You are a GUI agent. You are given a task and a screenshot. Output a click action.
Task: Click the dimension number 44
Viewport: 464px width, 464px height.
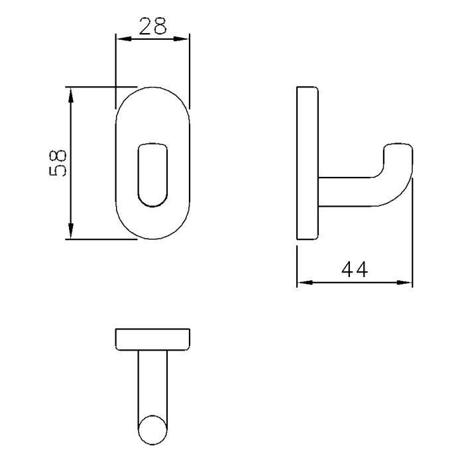[354, 270]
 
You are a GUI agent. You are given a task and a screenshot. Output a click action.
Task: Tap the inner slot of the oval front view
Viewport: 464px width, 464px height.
[152, 174]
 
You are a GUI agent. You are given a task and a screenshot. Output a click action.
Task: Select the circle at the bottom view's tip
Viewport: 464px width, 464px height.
[152, 429]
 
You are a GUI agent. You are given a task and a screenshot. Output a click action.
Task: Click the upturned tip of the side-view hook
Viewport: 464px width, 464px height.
[399, 152]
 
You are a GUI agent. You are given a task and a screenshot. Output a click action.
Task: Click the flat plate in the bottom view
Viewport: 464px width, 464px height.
[152, 339]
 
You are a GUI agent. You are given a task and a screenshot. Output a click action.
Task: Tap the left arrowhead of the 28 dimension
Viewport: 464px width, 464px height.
[121, 38]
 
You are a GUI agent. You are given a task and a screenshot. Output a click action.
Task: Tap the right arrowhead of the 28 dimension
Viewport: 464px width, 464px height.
[185, 38]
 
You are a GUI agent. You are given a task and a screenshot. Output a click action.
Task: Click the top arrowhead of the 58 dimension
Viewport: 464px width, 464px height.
[70, 91]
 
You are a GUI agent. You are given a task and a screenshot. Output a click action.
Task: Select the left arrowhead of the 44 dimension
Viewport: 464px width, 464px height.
[302, 283]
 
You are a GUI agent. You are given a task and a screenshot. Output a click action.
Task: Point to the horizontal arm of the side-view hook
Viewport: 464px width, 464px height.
[348, 192]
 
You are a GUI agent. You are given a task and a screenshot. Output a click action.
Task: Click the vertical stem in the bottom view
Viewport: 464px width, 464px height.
[152, 381]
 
